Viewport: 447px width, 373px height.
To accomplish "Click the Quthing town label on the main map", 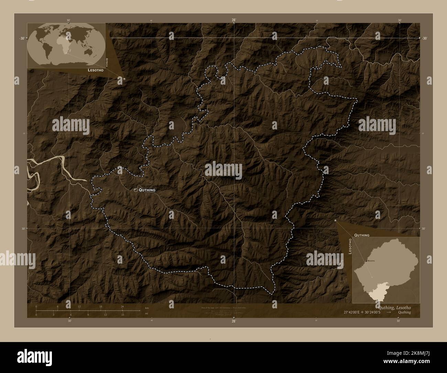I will (147, 190).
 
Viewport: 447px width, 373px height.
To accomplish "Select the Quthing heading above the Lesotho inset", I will (362, 235).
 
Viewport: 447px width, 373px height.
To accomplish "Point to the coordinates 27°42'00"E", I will (355, 312).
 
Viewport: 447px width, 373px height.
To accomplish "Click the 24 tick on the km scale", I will (122, 306).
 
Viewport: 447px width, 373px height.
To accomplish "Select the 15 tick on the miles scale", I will (122, 315).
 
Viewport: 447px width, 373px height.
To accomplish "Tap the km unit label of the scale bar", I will (147, 308).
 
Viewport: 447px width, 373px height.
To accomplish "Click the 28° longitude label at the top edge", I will (234, 20).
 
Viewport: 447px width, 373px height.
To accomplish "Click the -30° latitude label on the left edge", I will (22, 39).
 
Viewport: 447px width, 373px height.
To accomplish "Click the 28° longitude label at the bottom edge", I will (234, 321).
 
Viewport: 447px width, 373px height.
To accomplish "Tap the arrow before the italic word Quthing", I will (389, 312).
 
